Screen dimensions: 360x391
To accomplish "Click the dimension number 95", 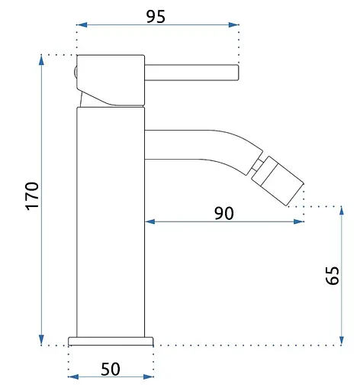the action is point(156,17).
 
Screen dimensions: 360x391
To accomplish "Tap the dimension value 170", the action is point(32,196).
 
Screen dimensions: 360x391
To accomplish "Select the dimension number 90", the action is point(223,213).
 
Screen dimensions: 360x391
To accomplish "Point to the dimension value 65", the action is point(332,275).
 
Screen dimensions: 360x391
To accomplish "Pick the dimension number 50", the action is point(111,369).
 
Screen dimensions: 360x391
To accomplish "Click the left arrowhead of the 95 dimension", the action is point(82,24).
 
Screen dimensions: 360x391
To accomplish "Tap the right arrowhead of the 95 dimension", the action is point(233,24).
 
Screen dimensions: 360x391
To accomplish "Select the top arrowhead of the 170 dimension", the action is point(41,60).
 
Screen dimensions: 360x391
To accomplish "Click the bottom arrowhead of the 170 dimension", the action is point(41,340).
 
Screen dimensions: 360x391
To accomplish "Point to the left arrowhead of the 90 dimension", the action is point(150,221).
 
